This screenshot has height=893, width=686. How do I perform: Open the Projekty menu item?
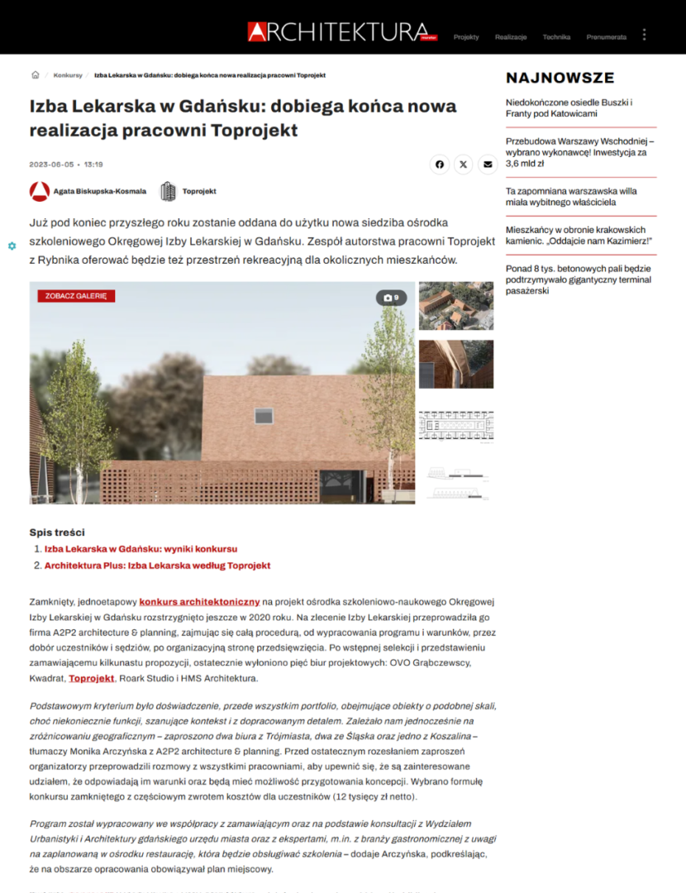click(x=466, y=37)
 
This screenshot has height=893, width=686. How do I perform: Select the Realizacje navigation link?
click(x=511, y=37)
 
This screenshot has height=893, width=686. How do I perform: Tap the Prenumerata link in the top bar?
click(x=606, y=37)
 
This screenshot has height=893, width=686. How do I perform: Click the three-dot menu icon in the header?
click(x=645, y=35)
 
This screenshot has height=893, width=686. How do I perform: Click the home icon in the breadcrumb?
click(x=36, y=75)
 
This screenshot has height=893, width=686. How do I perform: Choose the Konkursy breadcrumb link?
click(x=68, y=75)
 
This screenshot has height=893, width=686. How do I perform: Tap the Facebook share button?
click(x=440, y=165)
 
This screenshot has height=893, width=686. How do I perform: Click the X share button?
click(x=464, y=165)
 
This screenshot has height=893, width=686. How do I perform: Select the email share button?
click(x=488, y=165)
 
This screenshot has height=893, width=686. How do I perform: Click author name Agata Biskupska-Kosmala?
click(x=100, y=191)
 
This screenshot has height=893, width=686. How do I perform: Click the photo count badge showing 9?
click(x=392, y=298)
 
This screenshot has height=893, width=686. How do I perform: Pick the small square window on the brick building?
click(x=263, y=416)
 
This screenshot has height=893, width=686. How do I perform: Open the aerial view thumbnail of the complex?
click(x=456, y=306)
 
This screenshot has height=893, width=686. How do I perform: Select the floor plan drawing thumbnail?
click(x=456, y=426)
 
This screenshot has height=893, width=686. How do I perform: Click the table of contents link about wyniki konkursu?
click(x=141, y=549)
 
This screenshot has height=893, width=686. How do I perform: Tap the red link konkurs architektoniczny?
click(x=200, y=601)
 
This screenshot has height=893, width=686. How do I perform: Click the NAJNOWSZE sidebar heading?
click(x=560, y=79)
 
